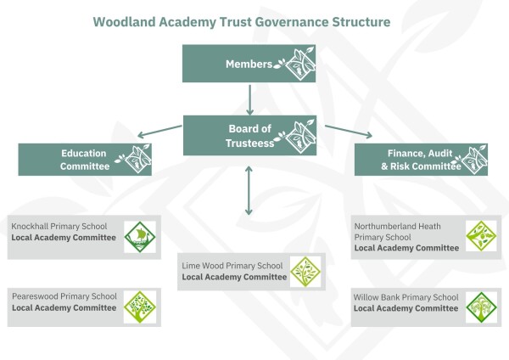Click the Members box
pyautogui.click(x=249, y=64)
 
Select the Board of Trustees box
pyautogui.click(x=249, y=135)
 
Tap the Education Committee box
pyautogui.click(x=85, y=159)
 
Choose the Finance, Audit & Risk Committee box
pyautogui.click(x=420, y=159)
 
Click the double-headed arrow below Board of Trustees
pyautogui.click(x=249, y=191)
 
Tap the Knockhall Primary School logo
pyautogui.click(x=137, y=237)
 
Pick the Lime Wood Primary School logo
pyautogui.click(x=305, y=271)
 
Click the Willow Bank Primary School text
pyautogui.click(x=406, y=297)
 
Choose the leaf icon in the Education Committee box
pyautogui.click(x=133, y=159)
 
